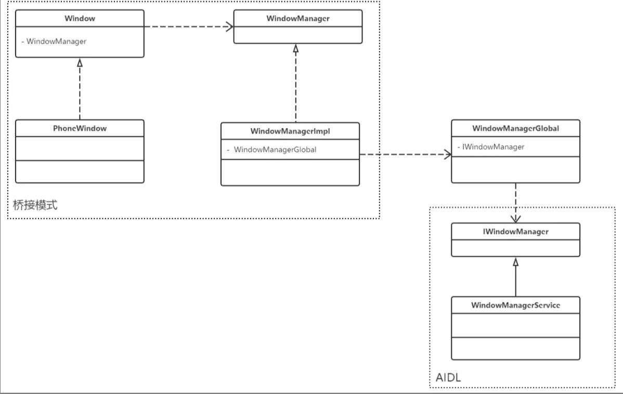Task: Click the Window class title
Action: pyautogui.click(x=80, y=18)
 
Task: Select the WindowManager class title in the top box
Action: pyautogui.click(x=298, y=18)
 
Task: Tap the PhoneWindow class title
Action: pyautogui.click(x=80, y=128)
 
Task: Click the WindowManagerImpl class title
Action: pyautogui.click(x=290, y=131)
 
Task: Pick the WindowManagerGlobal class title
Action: pyautogui.click(x=515, y=128)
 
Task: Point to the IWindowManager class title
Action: pyautogui.click(x=515, y=232)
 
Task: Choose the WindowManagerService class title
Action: pyautogui.click(x=515, y=305)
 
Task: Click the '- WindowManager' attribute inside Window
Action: pyautogui.click(x=54, y=41)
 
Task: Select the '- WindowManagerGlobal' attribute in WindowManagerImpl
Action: pyautogui.click(x=271, y=150)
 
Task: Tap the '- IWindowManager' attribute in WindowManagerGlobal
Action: pyautogui.click(x=491, y=147)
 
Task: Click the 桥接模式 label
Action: pyautogui.click(x=35, y=205)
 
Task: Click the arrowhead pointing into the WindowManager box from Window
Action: pyautogui.click(x=229, y=27)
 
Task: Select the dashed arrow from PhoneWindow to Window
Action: pyautogui.click(x=80, y=91)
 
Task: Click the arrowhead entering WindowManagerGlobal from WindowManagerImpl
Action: pyautogui.click(x=447, y=154)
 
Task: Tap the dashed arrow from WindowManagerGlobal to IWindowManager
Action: pyautogui.click(x=515, y=200)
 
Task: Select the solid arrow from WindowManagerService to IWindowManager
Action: pyautogui.click(x=515, y=278)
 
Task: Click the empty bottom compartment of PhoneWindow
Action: pyautogui.click(x=80, y=172)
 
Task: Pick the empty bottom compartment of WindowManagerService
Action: pyautogui.click(x=515, y=348)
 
